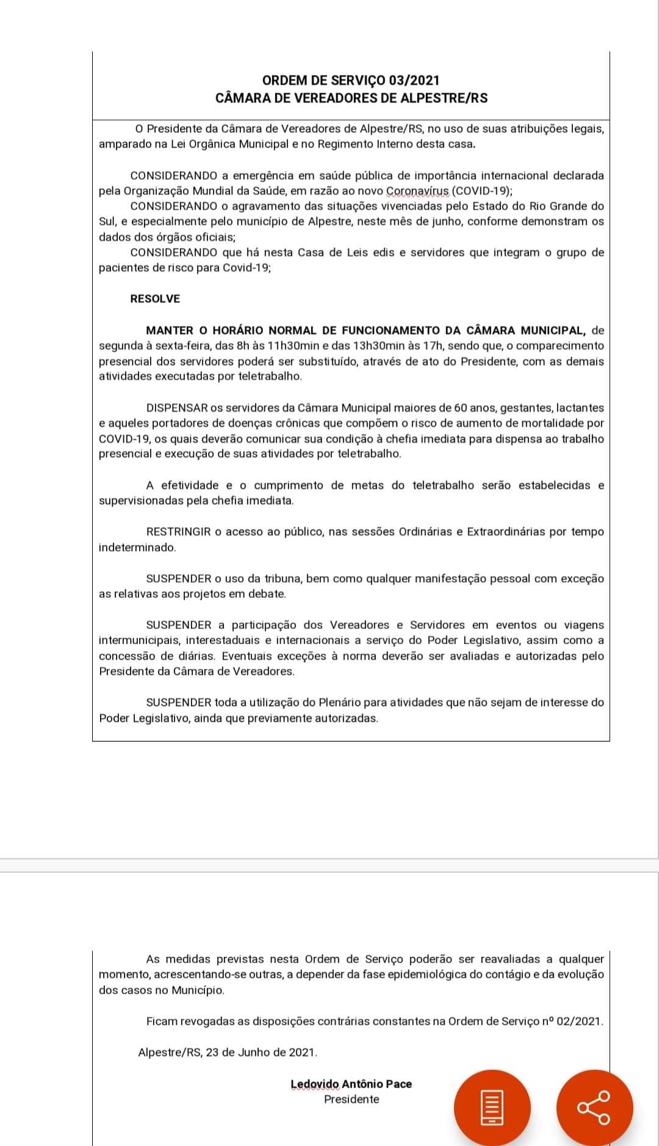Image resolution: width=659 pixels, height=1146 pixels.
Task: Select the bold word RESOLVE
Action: (155, 299)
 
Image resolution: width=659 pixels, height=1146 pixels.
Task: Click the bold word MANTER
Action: (169, 331)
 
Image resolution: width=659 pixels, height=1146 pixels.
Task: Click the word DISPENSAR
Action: (177, 408)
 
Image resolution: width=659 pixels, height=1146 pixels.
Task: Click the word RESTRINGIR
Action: (178, 532)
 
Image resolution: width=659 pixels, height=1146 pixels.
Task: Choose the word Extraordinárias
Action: (506, 532)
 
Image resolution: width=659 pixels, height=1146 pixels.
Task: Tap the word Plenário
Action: (340, 703)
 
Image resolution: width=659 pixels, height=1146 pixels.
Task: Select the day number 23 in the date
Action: (212, 1052)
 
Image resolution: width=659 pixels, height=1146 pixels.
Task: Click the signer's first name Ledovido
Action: (314, 1084)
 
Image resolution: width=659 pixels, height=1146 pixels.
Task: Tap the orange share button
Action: (594, 1106)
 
